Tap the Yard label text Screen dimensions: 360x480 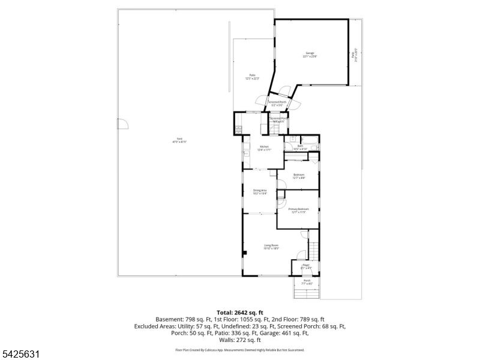(x=179, y=140)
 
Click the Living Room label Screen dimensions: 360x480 (x=272, y=246)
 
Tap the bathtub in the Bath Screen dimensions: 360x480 (x=310, y=140)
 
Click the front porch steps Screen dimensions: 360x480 (x=306, y=293)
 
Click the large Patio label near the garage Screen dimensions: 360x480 (x=253, y=76)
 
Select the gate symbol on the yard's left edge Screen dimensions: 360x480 (x=123, y=122)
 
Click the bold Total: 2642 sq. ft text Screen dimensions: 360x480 (x=240, y=313)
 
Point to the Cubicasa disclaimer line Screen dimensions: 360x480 (x=240, y=349)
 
